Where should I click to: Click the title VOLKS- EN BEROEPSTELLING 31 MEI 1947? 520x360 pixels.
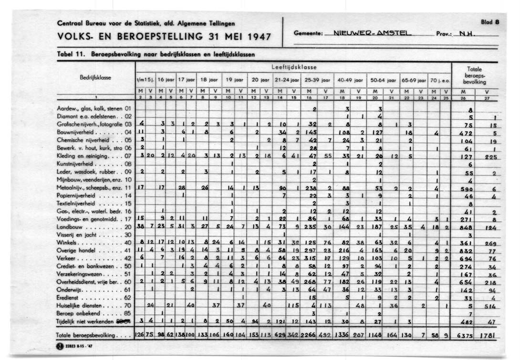coord(164,37)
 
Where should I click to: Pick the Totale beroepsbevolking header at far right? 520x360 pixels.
coord(475,75)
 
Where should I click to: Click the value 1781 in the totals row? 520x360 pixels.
coord(488,335)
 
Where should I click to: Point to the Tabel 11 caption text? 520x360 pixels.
coord(155,54)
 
